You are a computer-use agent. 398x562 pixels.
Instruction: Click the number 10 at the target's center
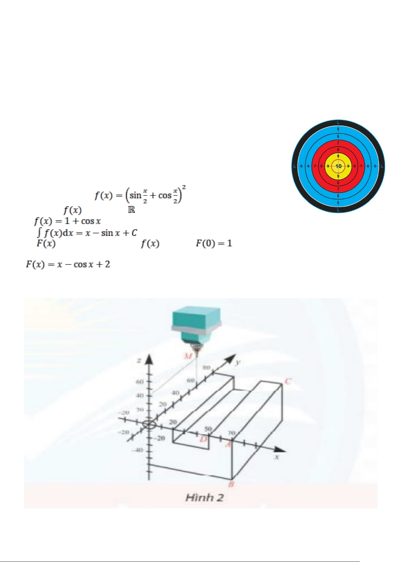[338, 166]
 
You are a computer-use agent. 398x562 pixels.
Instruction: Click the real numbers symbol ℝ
[132, 210]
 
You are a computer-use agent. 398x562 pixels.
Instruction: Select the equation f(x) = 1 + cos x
[67, 221]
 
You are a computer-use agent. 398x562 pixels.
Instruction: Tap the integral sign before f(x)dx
[39, 232]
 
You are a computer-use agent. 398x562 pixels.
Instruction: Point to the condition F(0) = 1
[214, 243]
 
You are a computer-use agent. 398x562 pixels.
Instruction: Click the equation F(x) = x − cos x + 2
[68, 264]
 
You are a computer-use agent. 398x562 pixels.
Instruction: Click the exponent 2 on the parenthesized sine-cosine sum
[184, 187]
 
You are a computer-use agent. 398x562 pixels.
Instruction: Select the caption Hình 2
[204, 498]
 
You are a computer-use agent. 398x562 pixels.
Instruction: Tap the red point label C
[287, 381]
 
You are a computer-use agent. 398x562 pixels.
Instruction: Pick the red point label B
[231, 485]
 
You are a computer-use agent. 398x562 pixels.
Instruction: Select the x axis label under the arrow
[276, 457]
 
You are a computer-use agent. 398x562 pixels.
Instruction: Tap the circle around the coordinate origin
[149, 425]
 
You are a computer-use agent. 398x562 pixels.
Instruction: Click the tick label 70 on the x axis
[231, 433]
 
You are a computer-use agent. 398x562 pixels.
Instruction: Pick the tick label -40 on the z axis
[139, 450]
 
